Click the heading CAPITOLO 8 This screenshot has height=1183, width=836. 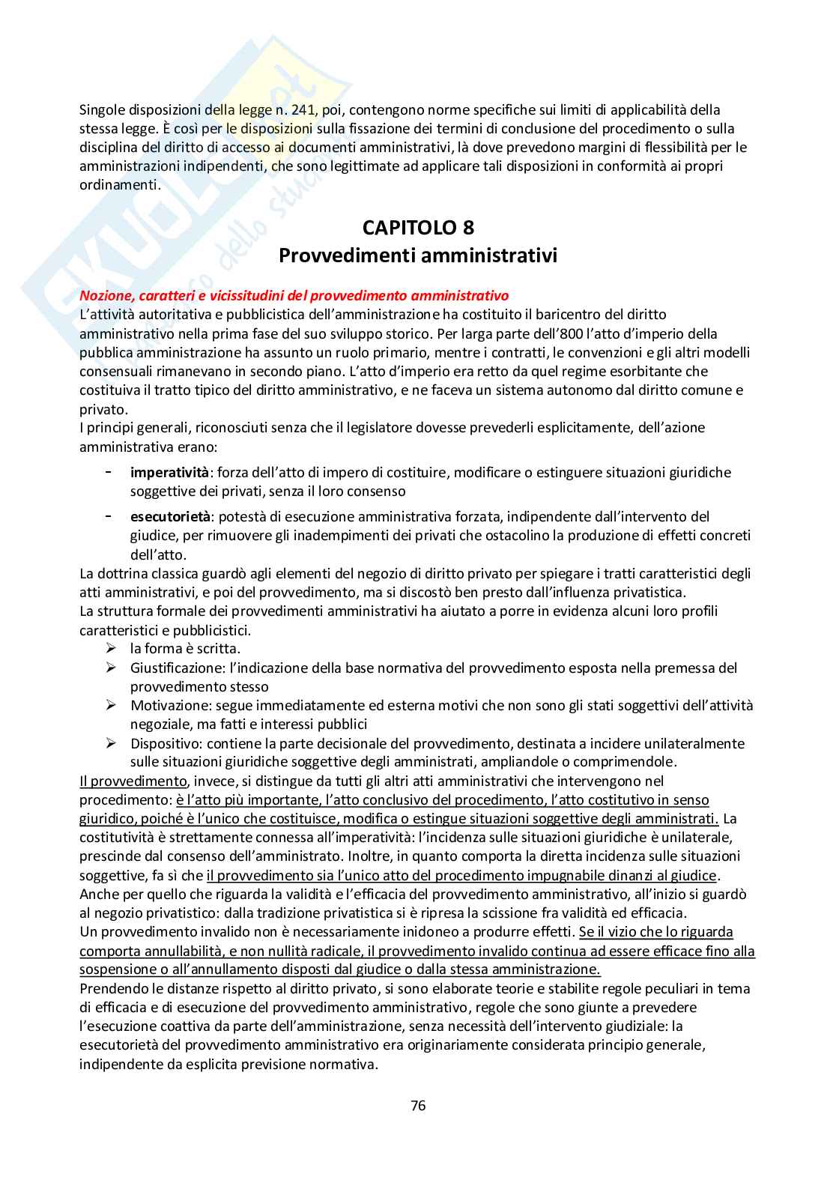pyautogui.click(x=418, y=227)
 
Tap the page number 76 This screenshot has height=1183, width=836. pyautogui.click(x=418, y=1105)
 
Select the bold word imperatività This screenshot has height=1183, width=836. pyautogui.click(x=169, y=472)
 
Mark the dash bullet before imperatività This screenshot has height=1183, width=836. pyautogui.click(x=109, y=472)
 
